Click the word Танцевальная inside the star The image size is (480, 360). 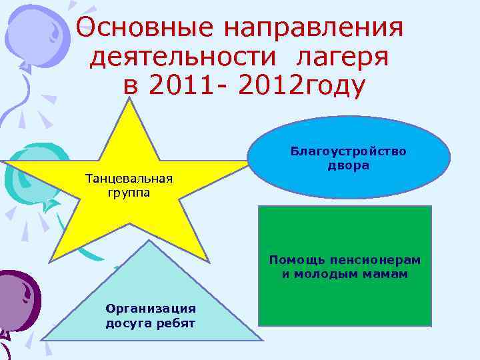point(129,179)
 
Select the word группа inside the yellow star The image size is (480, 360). point(129,193)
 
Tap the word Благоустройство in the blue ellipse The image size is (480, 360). point(348,151)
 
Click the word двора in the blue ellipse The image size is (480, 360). point(348,165)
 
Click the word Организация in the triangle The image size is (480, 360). point(151,308)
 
